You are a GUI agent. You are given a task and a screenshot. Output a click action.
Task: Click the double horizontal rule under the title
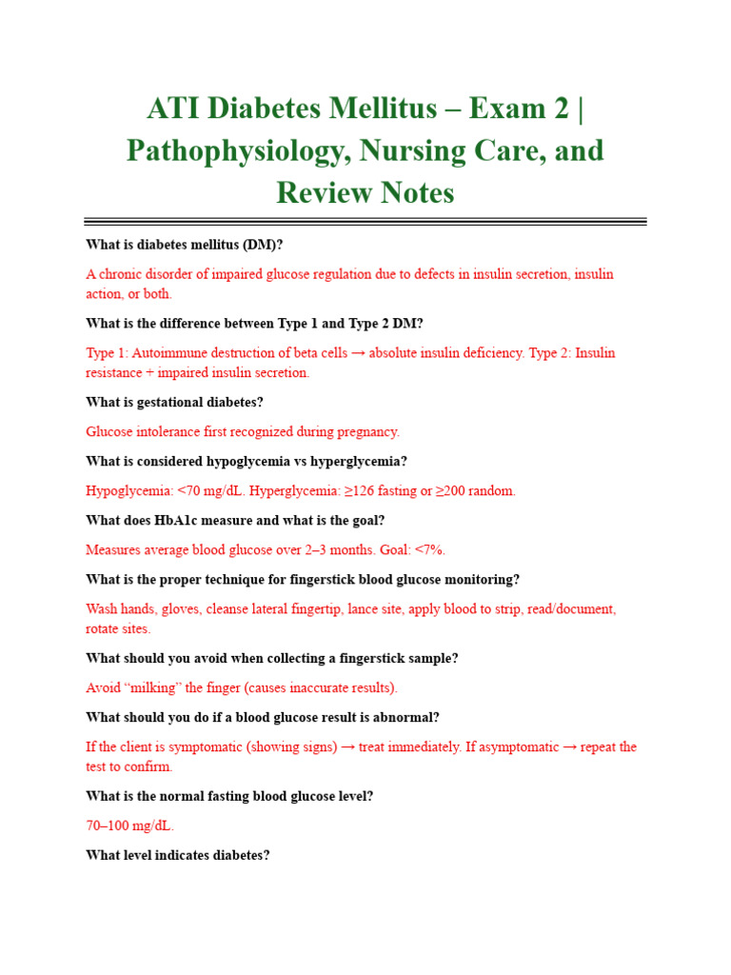click(365, 222)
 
